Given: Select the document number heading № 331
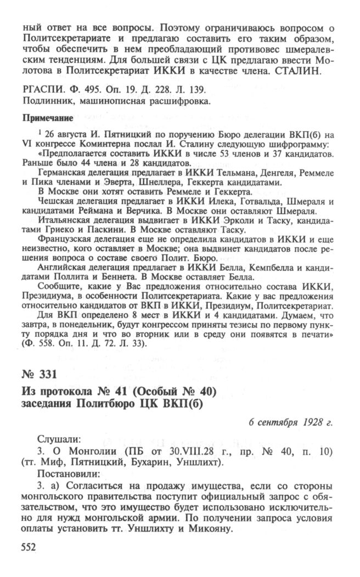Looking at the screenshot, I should [x=40, y=375].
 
